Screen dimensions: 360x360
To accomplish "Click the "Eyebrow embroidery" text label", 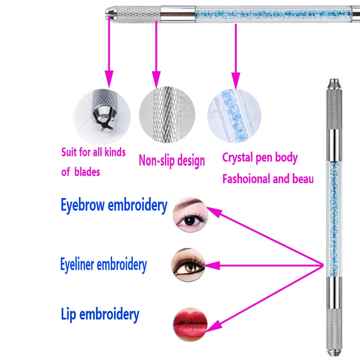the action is tap(114, 206).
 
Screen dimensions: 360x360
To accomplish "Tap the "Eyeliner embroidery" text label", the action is tap(103, 265).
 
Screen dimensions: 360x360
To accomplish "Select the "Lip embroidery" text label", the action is tap(100, 314).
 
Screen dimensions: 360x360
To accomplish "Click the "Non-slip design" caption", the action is tap(171, 161).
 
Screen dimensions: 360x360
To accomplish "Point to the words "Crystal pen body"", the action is tap(260, 158).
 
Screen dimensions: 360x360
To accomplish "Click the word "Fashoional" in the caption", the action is tap(245, 179).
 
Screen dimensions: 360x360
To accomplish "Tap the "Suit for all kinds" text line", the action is tap(94, 152).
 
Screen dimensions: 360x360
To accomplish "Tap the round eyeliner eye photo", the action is tap(188, 265).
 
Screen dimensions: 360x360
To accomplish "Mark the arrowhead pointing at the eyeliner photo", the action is tap(211, 266).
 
